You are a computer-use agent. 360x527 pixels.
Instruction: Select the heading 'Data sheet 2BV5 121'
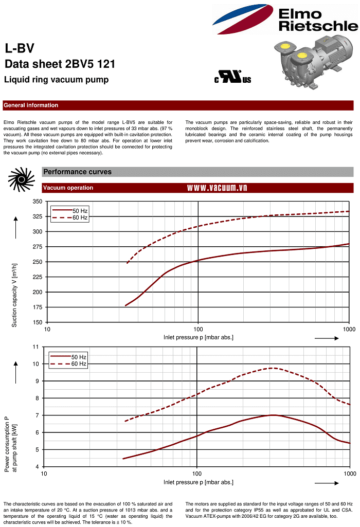pos(60,64)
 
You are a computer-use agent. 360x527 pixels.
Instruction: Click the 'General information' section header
pos(31,105)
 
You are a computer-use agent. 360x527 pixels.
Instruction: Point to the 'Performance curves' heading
pos(77,172)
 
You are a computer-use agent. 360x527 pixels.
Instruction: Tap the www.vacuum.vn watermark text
pos(217,188)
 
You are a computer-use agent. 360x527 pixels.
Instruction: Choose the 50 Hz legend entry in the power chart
pos(78,357)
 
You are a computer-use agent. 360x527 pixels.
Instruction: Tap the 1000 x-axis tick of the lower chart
pos(350,474)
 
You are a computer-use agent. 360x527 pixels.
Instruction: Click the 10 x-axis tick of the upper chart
pos(47,329)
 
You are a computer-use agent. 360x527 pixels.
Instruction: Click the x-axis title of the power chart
pos(199,482)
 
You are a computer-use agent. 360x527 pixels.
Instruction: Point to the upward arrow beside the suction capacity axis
pos(16,228)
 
